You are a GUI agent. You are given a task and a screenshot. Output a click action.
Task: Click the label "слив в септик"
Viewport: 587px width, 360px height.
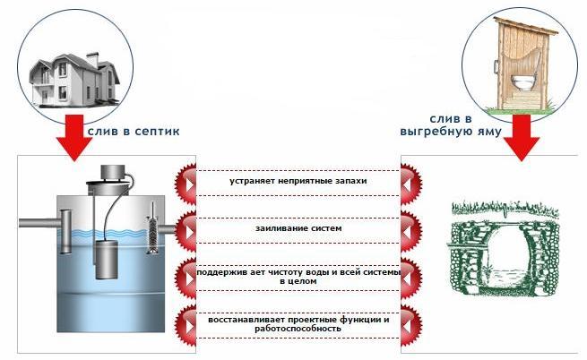(134, 131)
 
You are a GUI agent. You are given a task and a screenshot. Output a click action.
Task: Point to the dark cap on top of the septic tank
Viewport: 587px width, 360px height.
(112, 173)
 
